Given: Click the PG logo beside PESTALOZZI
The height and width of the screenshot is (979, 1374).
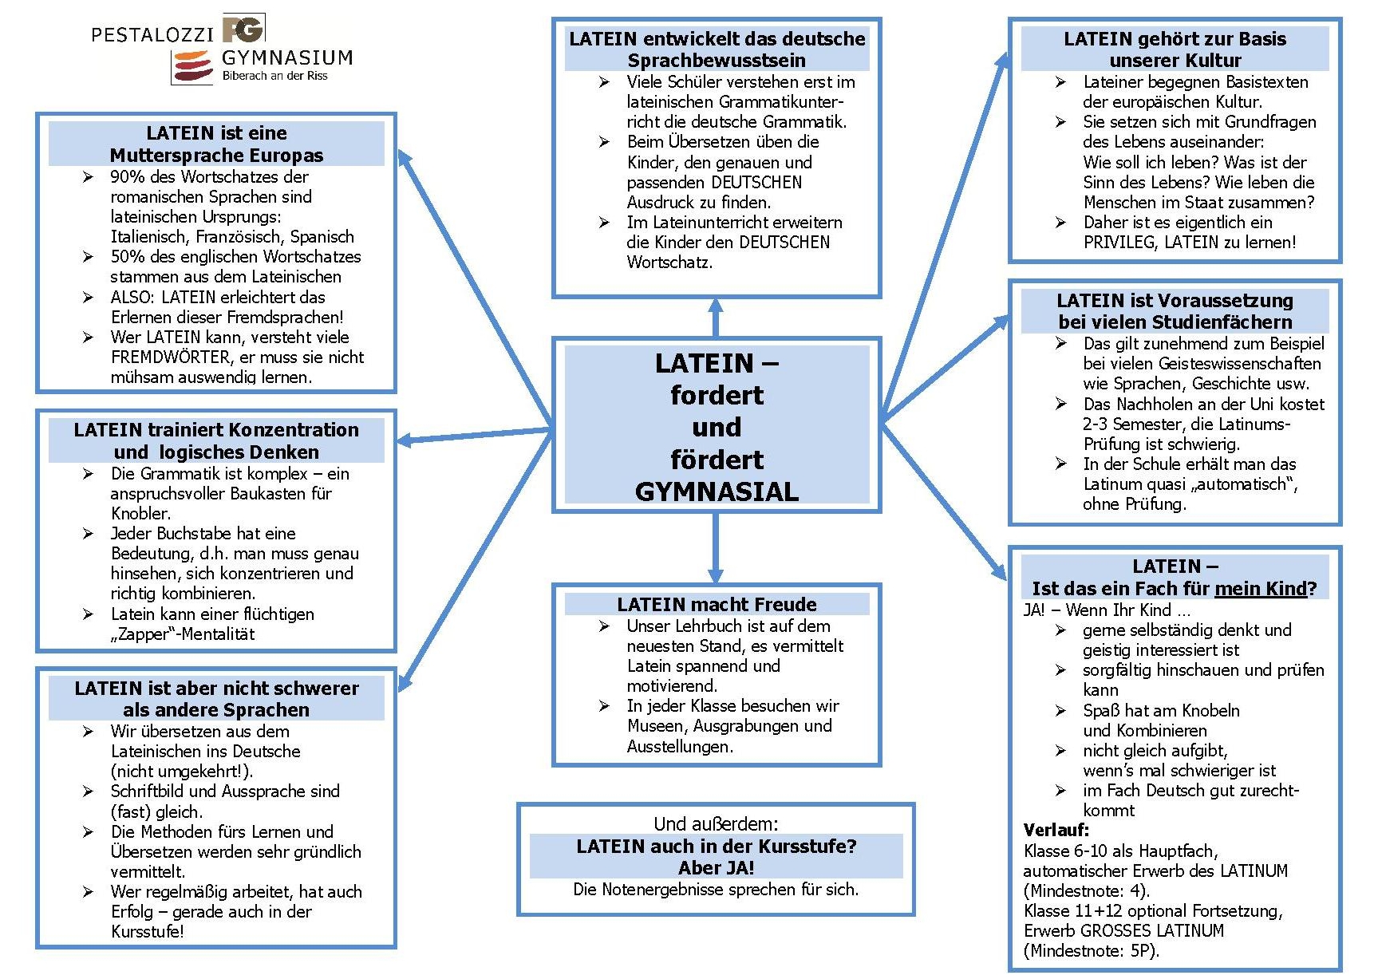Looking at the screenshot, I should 243,29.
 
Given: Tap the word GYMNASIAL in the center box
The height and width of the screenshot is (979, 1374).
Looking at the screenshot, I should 717,491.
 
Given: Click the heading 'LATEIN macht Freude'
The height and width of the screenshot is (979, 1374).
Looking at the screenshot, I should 717,604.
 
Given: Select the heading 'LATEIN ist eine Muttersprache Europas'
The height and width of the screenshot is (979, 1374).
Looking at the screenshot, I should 216,144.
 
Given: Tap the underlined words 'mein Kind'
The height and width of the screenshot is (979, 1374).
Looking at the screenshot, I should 1260,589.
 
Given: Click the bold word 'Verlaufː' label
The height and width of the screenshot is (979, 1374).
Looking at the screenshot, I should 1056,830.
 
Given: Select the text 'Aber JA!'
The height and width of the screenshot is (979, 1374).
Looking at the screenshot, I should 716,867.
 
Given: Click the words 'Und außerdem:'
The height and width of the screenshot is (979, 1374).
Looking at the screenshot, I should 716,823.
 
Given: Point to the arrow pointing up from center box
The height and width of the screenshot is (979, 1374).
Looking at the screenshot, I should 716,316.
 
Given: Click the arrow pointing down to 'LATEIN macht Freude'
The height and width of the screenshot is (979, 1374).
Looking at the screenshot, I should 716,551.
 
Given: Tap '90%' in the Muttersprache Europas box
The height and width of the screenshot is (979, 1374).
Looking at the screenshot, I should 128,176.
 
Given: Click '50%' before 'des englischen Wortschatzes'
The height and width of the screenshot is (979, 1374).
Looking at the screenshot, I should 128,257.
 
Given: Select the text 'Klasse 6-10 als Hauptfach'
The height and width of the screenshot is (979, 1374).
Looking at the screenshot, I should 1119,851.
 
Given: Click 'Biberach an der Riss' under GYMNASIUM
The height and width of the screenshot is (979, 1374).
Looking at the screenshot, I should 274,76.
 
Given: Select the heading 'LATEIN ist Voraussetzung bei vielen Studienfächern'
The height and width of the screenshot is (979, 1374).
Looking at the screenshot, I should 1175,311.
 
